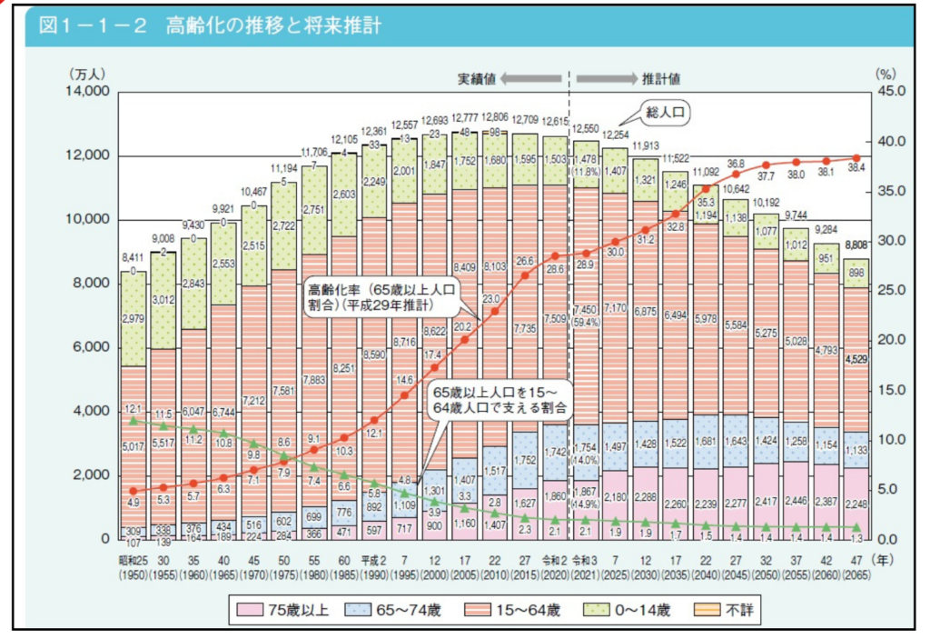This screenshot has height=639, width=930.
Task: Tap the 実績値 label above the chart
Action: pos(476,78)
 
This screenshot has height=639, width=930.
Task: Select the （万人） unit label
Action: pos(86,73)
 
